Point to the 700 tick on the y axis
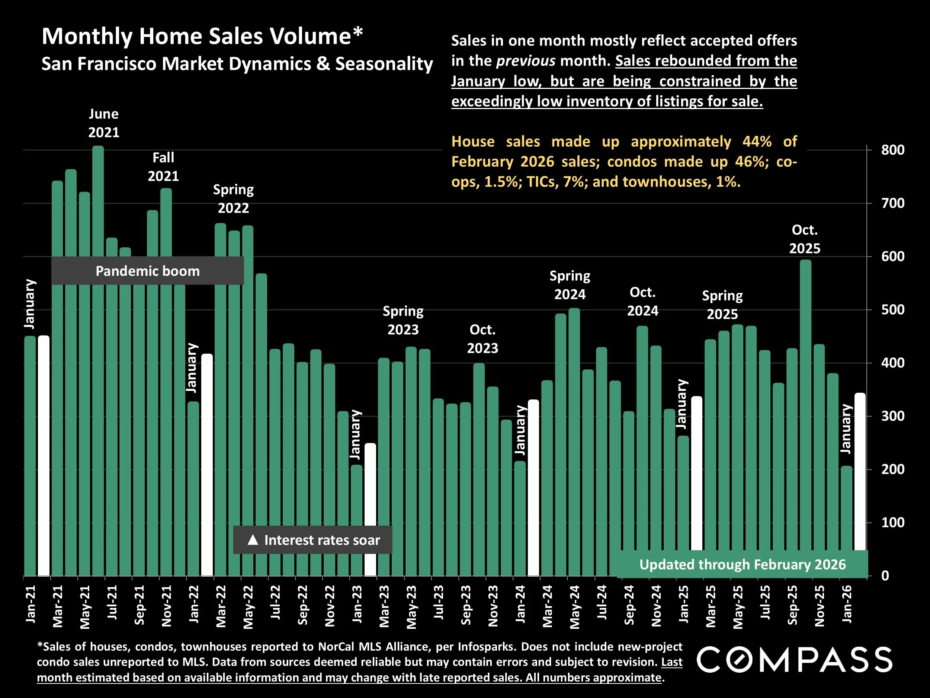coord(892,204)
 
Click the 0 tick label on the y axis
coord(885,576)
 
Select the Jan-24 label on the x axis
coord(520,604)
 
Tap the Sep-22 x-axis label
coord(302,605)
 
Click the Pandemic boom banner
coord(148,271)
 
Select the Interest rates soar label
coord(322,540)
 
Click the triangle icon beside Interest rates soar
coord(253,540)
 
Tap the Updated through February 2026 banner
coord(742,565)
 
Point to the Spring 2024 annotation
coord(570,285)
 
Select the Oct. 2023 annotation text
coord(482,339)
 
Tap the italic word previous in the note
coord(526,61)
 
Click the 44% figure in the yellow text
coord(757,142)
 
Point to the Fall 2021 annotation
coord(163,167)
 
